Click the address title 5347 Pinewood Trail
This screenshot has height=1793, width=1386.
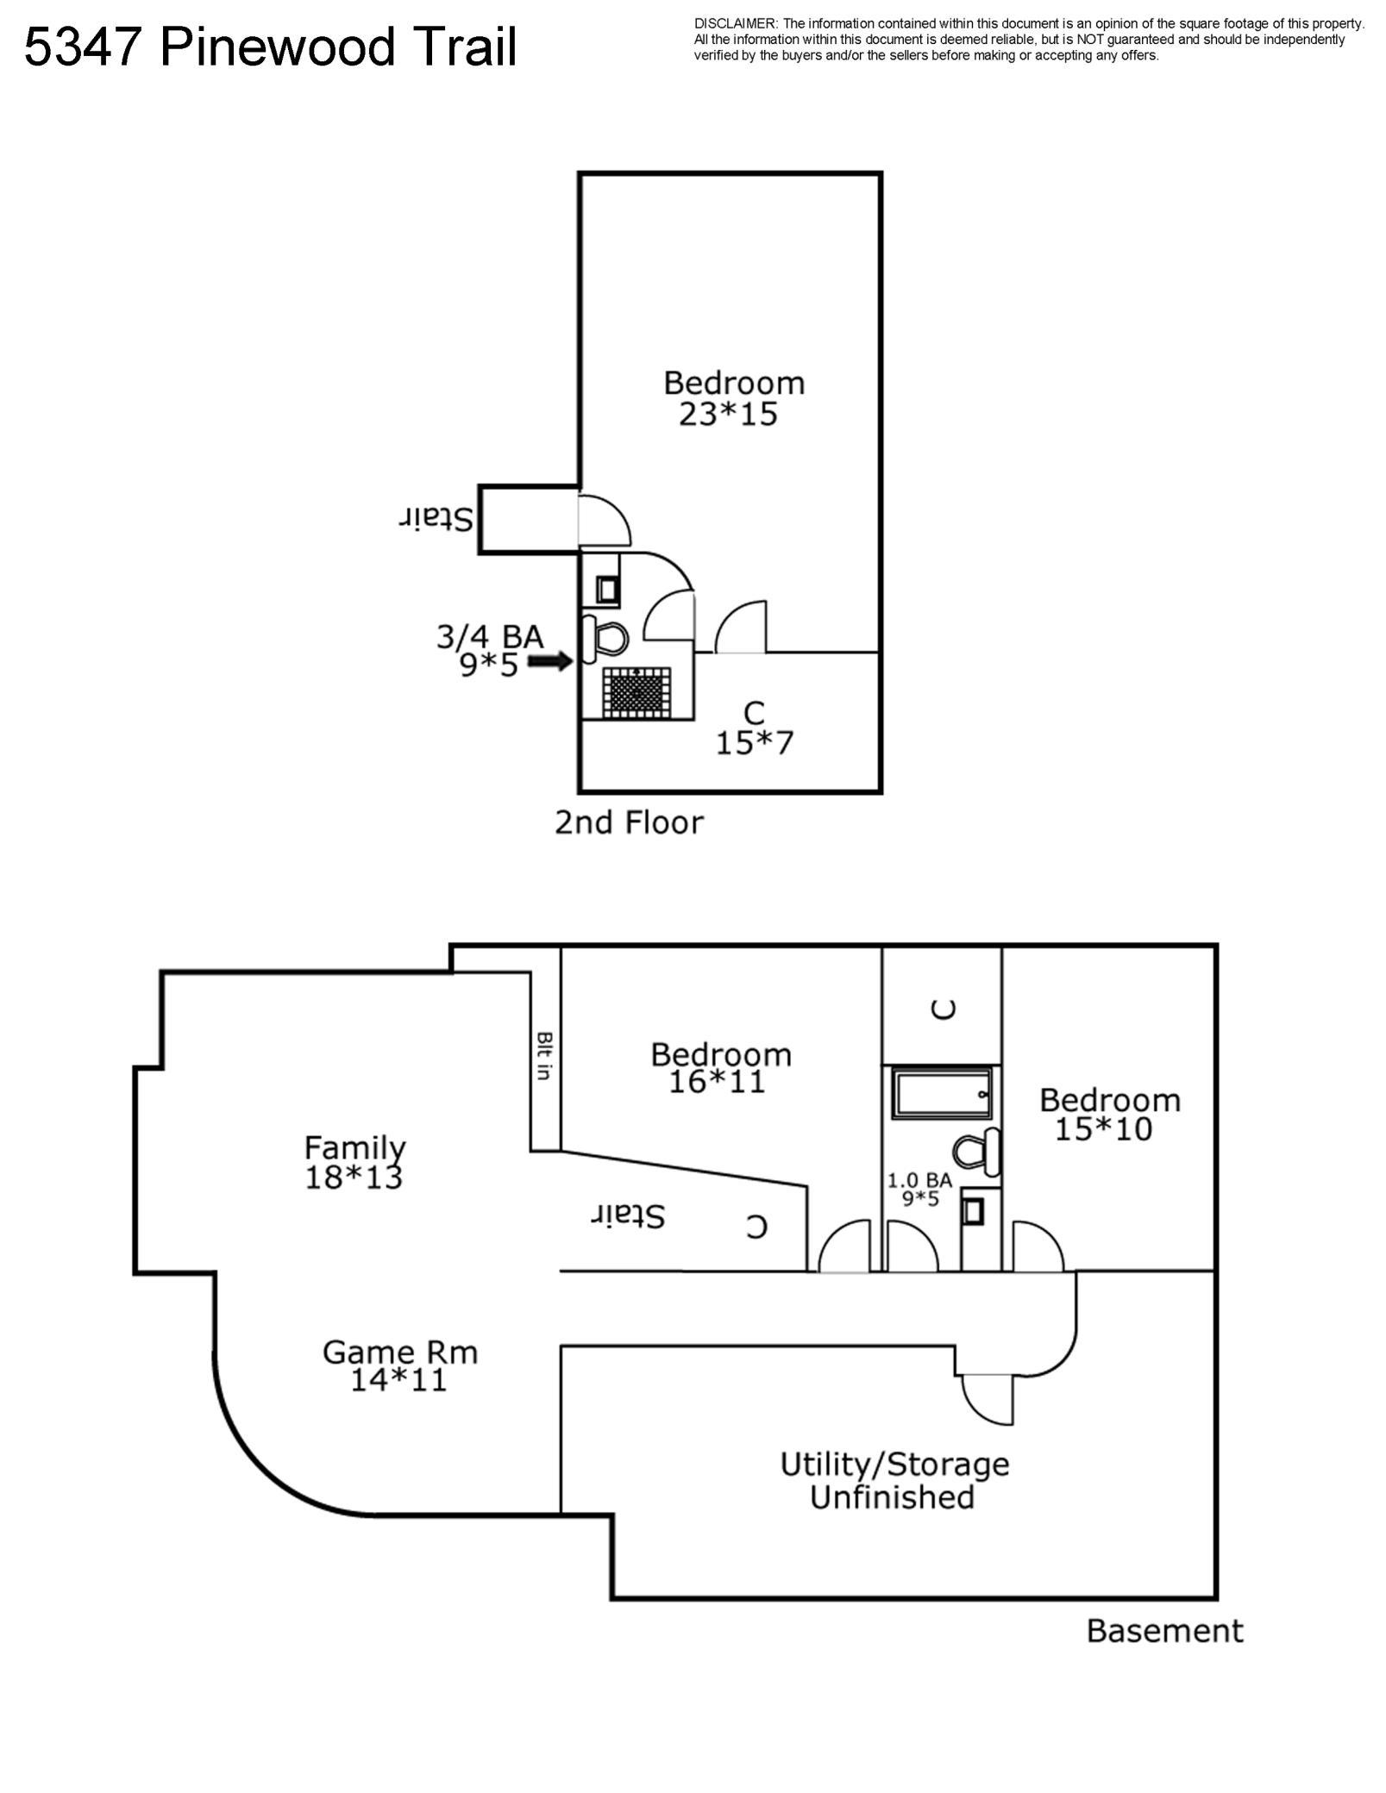[x=270, y=47]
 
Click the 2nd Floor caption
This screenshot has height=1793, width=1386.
[x=629, y=822]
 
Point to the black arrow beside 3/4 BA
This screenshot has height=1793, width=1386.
[x=549, y=661]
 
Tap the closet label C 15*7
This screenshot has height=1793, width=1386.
[x=754, y=728]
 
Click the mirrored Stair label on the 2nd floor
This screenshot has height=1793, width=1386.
[x=436, y=519]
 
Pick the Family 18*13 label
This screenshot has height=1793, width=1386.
[x=354, y=1162]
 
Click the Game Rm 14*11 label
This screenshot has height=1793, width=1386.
[x=399, y=1365]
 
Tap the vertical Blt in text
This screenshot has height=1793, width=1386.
[x=544, y=1055]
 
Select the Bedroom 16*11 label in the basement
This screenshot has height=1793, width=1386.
[x=720, y=1067]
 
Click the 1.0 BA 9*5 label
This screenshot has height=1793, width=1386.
[x=919, y=1189]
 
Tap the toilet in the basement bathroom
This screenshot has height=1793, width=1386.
[x=975, y=1152]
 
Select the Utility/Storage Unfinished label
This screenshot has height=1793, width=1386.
[x=894, y=1480]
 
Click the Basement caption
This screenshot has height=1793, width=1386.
[x=1163, y=1630]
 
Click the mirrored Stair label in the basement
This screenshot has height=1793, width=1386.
[x=628, y=1215]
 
